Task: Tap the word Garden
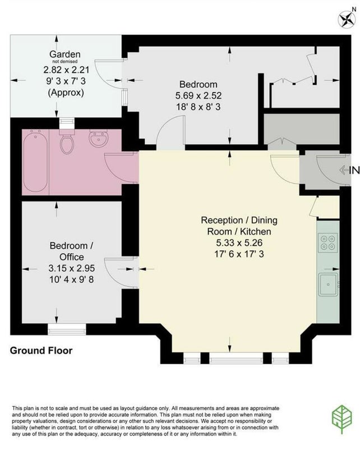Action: point(64,54)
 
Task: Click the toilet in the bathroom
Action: point(67,142)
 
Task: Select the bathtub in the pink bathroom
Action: point(35,161)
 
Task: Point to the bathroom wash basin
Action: point(99,139)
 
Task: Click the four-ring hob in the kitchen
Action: point(328,243)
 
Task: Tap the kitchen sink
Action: point(328,285)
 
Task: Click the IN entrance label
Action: point(354,171)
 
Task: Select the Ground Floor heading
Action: point(41,350)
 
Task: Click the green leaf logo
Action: point(341,419)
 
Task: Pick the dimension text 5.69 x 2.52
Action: point(199,95)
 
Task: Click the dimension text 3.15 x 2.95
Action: point(72,268)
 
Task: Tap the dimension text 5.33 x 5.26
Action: point(239,243)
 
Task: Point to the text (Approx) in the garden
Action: point(66,93)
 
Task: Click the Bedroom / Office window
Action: point(67,329)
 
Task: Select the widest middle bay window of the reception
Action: point(236,358)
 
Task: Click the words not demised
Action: point(64,62)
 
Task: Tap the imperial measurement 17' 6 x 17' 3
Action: point(239,254)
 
